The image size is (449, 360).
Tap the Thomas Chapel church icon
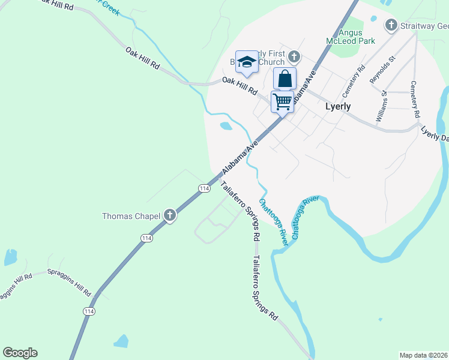(170, 215)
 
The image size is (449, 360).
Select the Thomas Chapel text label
(131, 216)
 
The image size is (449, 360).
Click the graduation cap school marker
(246, 62)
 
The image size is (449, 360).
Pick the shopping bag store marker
(285, 79)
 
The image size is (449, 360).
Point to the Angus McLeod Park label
(350, 37)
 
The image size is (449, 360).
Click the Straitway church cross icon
(391, 25)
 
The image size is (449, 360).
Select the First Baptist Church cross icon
(294, 57)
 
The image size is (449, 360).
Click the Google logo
(20, 353)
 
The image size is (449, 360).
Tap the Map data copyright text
(423, 355)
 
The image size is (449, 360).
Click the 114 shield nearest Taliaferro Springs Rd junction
(204, 188)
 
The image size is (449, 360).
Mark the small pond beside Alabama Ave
(226, 126)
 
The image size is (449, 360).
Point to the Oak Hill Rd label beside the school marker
(239, 87)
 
